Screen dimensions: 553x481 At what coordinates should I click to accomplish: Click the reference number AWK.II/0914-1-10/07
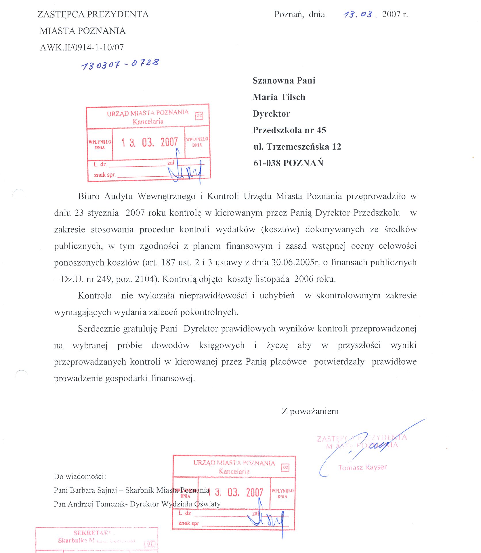coord(82,47)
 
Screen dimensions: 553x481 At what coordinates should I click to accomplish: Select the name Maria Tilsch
coord(279,97)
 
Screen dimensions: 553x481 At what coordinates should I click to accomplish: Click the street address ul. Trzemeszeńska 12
coord(297,147)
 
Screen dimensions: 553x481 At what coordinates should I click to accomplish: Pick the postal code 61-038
coord(267,163)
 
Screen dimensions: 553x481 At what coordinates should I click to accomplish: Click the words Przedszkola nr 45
coord(289,130)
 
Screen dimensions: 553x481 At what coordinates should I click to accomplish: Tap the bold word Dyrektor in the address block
coord(271,114)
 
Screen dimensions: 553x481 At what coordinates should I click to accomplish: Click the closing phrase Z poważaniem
coord(310,411)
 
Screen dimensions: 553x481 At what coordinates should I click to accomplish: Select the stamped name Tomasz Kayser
coord(362,467)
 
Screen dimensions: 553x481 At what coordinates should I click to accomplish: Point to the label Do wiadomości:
coord(80,476)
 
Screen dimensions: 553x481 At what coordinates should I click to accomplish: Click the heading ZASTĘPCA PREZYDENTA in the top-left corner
coord(93,14)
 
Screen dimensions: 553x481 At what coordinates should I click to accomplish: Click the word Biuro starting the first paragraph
coord(89,196)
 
